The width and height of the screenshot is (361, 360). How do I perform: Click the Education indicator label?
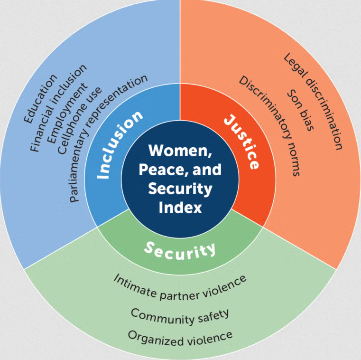tap(40, 98)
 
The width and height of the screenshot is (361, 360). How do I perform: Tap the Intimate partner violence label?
tap(180, 286)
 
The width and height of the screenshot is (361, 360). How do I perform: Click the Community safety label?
tap(180, 316)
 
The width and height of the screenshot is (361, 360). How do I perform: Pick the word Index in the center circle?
tap(180, 207)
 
